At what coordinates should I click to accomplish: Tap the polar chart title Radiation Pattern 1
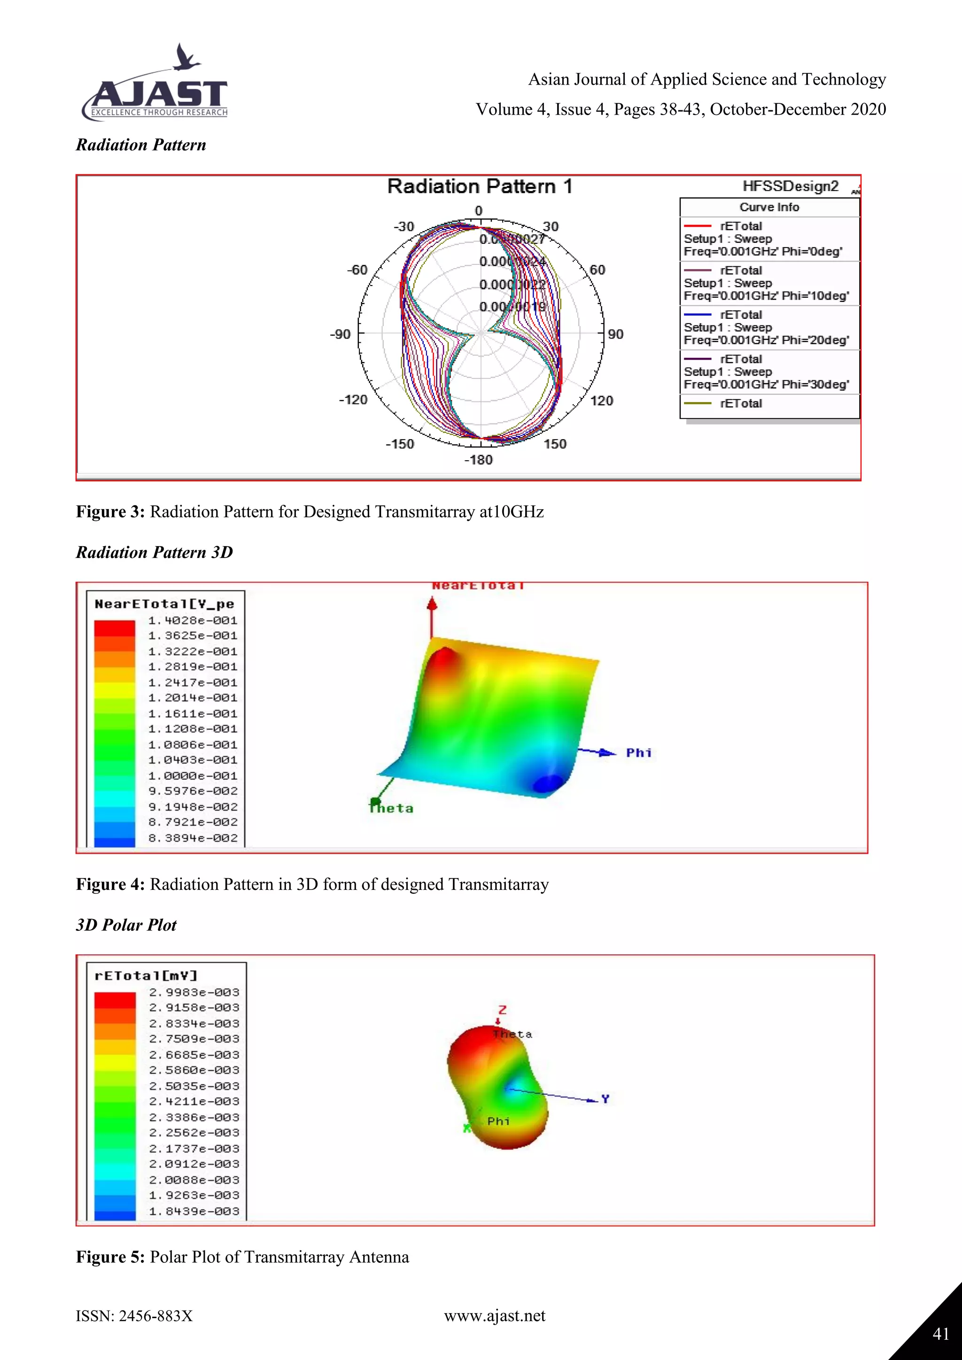click(x=479, y=186)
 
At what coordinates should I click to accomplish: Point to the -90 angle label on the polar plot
click(x=340, y=335)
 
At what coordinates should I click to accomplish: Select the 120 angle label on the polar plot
click(x=601, y=401)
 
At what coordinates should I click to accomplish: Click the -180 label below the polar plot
click(x=478, y=460)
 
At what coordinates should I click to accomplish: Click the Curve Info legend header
click(x=769, y=207)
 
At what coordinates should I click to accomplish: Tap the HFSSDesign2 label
click(x=790, y=186)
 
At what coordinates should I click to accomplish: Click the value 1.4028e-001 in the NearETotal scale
click(x=193, y=621)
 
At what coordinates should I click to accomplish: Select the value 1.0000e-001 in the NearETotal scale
click(x=193, y=776)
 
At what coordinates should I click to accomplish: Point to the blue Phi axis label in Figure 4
click(x=638, y=753)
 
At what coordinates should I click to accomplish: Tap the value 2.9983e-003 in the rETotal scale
click(x=194, y=993)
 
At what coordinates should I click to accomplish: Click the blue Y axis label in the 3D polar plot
click(x=605, y=1099)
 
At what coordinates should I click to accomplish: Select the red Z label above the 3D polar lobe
click(x=502, y=1011)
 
